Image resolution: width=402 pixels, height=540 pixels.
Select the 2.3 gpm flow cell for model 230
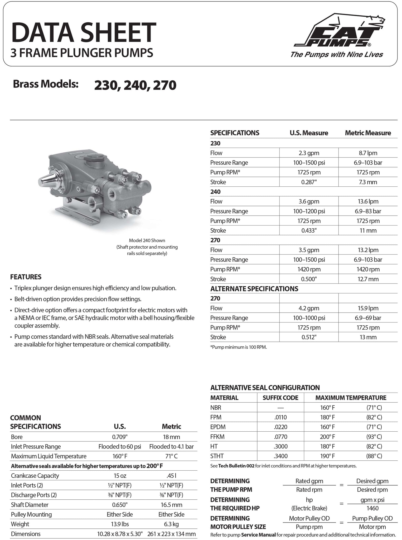(309, 153)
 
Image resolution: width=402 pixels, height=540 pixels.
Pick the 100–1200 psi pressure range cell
(309, 211)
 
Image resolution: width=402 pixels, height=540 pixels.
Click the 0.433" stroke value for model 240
(309, 230)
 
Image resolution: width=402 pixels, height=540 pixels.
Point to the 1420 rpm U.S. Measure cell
(309, 269)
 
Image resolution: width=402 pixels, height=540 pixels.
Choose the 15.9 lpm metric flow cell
(368, 308)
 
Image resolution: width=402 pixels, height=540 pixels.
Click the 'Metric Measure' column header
(368, 133)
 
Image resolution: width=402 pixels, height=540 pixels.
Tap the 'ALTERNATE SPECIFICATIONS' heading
(254, 289)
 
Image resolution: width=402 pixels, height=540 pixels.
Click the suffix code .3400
(280, 456)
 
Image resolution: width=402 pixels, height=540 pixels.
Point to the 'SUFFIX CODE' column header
(280, 398)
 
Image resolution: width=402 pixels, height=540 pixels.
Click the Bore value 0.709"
(120, 437)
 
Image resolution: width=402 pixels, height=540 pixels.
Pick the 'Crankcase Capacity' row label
(35, 476)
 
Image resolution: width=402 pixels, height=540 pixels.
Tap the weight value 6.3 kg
(171, 524)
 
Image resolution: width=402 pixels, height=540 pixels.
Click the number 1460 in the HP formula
(372, 508)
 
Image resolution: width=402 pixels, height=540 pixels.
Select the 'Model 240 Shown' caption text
(147, 240)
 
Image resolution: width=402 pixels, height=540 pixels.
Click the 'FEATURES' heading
(26, 277)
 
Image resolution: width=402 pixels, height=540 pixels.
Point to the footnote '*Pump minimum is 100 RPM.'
(239, 347)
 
